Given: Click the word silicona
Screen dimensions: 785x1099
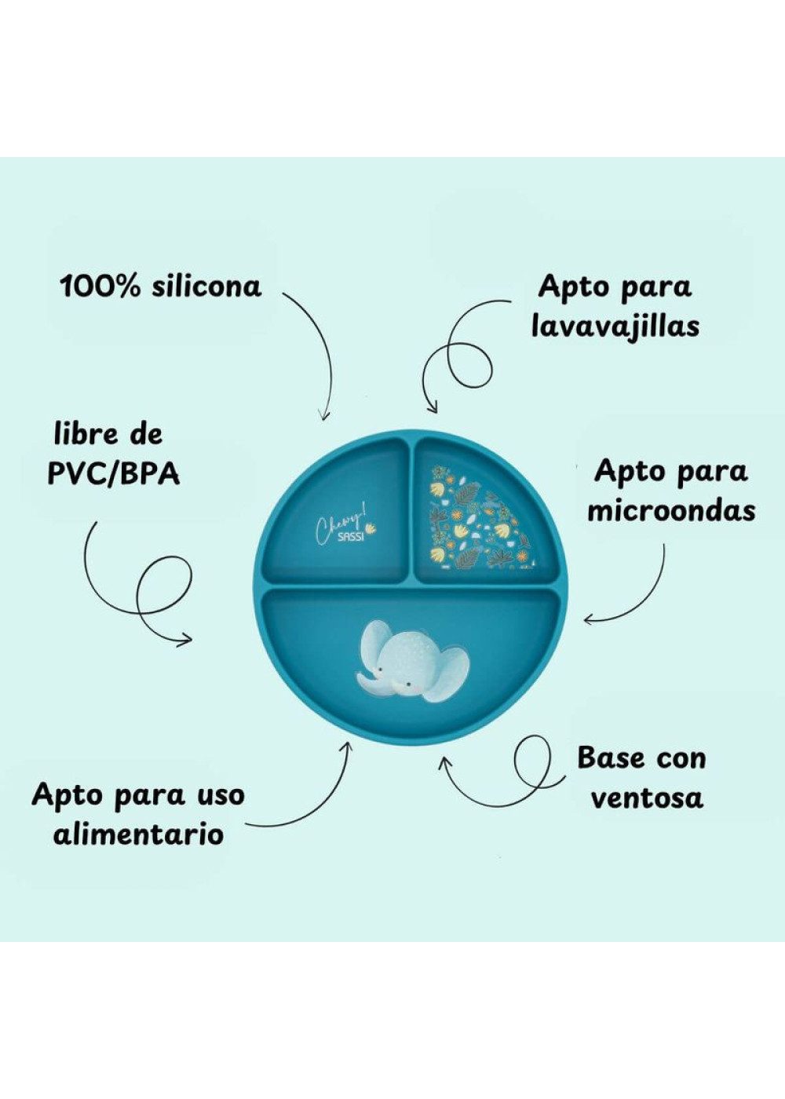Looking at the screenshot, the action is [x=206, y=287].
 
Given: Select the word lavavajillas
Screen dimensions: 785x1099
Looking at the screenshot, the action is [x=615, y=328].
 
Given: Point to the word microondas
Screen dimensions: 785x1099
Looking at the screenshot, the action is [x=672, y=511].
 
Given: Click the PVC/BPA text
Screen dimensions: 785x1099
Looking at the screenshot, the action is [x=113, y=474].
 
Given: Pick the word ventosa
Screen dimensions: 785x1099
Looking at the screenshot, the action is [x=647, y=798].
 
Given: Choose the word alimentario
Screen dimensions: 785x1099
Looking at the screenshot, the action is [x=138, y=834].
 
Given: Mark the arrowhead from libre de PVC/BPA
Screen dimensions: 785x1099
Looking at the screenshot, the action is [x=185, y=638].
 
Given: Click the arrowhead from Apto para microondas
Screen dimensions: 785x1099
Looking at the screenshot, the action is [x=589, y=621].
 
